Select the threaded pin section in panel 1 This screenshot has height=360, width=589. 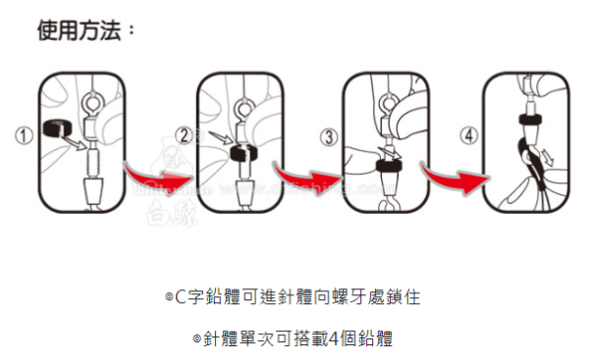tap(95, 157)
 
